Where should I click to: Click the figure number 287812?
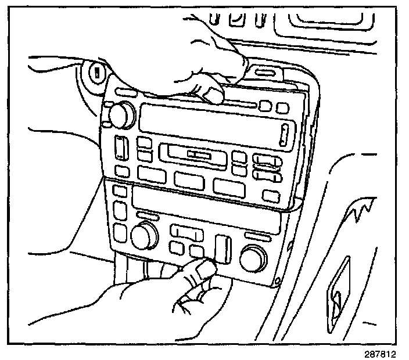(x=385, y=352)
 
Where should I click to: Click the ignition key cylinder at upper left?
(x=96, y=74)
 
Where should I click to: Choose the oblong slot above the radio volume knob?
(x=124, y=93)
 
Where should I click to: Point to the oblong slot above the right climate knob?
(x=257, y=236)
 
